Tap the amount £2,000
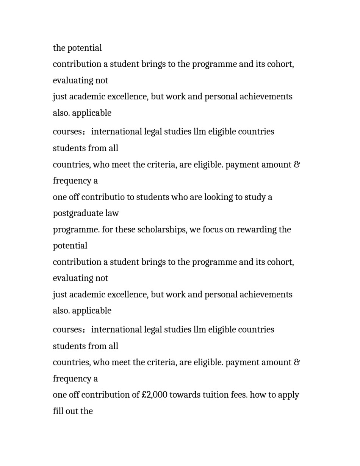click(154, 395)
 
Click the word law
click(112, 213)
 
